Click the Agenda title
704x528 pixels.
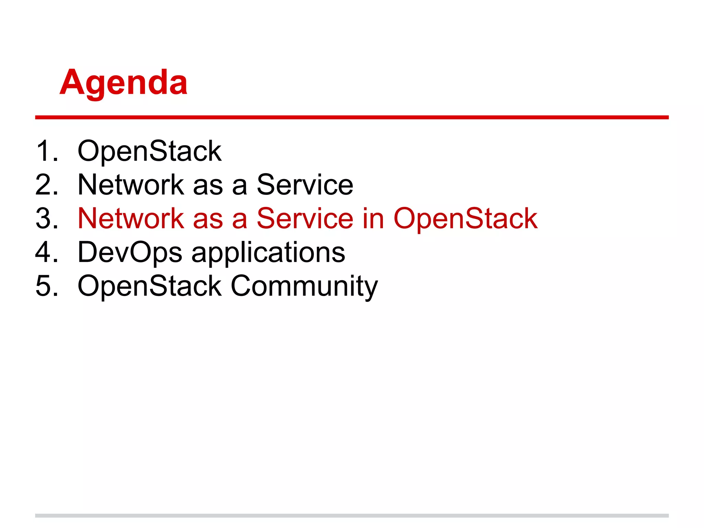click(x=124, y=82)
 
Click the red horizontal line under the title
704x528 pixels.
click(x=352, y=117)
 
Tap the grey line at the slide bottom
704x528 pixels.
click(x=352, y=515)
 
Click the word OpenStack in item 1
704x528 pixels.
click(x=150, y=151)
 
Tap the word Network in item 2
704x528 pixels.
click(x=131, y=185)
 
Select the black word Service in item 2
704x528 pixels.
click(x=305, y=185)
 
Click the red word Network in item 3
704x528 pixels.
click(x=131, y=218)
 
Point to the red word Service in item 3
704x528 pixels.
click(x=305, y=218)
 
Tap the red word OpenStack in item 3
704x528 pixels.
click(x=465, y=218)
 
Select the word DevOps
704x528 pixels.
click(x=130, y=253)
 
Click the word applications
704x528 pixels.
click(x=268, y=253)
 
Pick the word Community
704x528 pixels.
click(x=304, y=286)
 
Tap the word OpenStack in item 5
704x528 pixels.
click(x=150, y=286)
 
